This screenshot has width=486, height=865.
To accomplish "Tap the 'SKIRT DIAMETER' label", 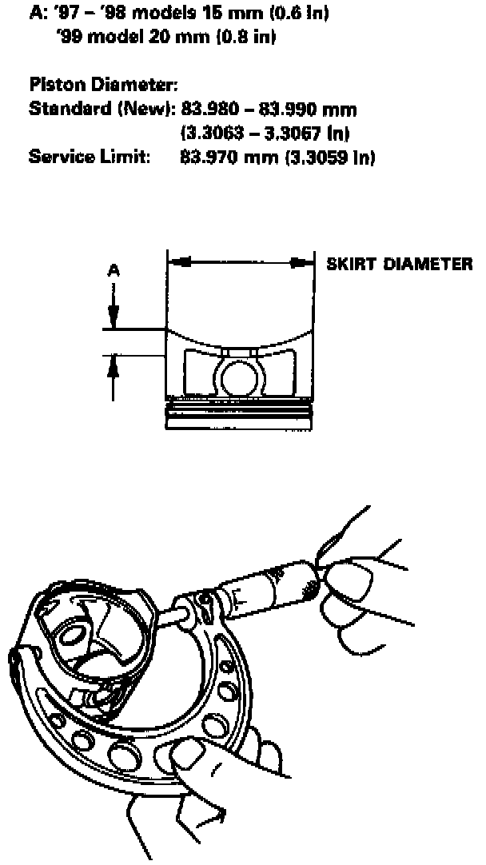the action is click(399, 264).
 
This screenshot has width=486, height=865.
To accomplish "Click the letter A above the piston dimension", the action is click(114, 272).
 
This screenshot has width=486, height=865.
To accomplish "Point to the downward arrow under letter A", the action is click(114, 308).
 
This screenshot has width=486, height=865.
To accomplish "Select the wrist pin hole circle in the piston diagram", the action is click(237, 376).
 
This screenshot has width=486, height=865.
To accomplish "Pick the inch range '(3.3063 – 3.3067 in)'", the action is click(265, 132).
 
